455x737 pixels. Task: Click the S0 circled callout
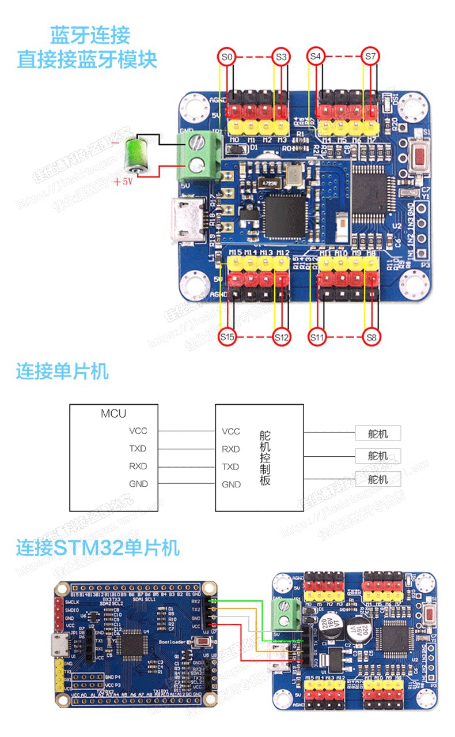tap(227, 57)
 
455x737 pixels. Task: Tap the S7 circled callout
tap(370, 57)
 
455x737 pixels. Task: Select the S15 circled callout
tap(227, 337)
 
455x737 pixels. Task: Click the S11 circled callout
tap(317, 337)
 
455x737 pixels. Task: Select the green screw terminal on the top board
tap(199, 153)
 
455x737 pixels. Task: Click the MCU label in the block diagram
tap(113, 413)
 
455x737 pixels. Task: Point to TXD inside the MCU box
tap(138, 449)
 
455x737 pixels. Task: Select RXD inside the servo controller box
tap(231, 449)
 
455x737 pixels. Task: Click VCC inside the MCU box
tap(138, 431)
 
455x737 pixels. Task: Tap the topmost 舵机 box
tap(378, 433)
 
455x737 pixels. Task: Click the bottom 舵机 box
tap(378, 479)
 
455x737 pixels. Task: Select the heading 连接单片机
tap(62, 371)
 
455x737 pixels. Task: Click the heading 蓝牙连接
tap(90, 36)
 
